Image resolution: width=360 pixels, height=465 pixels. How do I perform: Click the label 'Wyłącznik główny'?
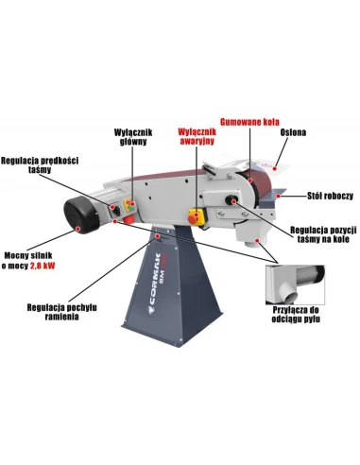pyautogui.click(x=133, y=137)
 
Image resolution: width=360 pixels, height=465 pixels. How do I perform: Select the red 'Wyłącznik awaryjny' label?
pyautogui.click(x=197, y=136)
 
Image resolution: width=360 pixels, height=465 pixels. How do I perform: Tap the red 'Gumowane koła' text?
pyautogui.click(x=249, y=122)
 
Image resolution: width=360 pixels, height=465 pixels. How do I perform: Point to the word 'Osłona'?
pyautogui.click(x=293, y=132)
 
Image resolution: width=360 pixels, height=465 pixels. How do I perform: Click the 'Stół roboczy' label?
pyautogui.click(x=331, y=196)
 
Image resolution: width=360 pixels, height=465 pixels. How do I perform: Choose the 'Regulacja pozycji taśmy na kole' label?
pyautogui.click(x=323, y=234)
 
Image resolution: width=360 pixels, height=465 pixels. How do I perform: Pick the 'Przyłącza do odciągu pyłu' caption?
pyautogui.click(x=296, y=315)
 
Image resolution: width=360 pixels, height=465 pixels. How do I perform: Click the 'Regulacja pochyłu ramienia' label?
pyautogui.click(x=61, y=312)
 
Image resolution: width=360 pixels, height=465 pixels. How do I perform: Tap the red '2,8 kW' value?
pyautogui.click(x=43, y=266)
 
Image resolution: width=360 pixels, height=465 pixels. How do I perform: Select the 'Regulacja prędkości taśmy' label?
pyautogui.click(x=40, y=165)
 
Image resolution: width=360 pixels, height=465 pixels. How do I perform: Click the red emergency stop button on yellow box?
pyautogui.click(x=193, y=218)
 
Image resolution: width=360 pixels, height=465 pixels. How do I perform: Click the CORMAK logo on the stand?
pyautogui.click(x=154, y=284)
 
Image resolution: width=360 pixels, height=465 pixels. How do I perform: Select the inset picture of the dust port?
pyautogui.click(x=295, y=284)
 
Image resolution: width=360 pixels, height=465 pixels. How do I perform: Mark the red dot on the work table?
pyautogui.click(x=278, y=196)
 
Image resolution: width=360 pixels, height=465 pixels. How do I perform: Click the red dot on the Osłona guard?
pyautogui.click(x=275, y=168)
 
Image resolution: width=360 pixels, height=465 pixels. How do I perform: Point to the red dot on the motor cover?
pyautogui.click(x=77, y=229)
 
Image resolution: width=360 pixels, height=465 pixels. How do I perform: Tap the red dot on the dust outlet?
pyautogui.click(x=257, y=241)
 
